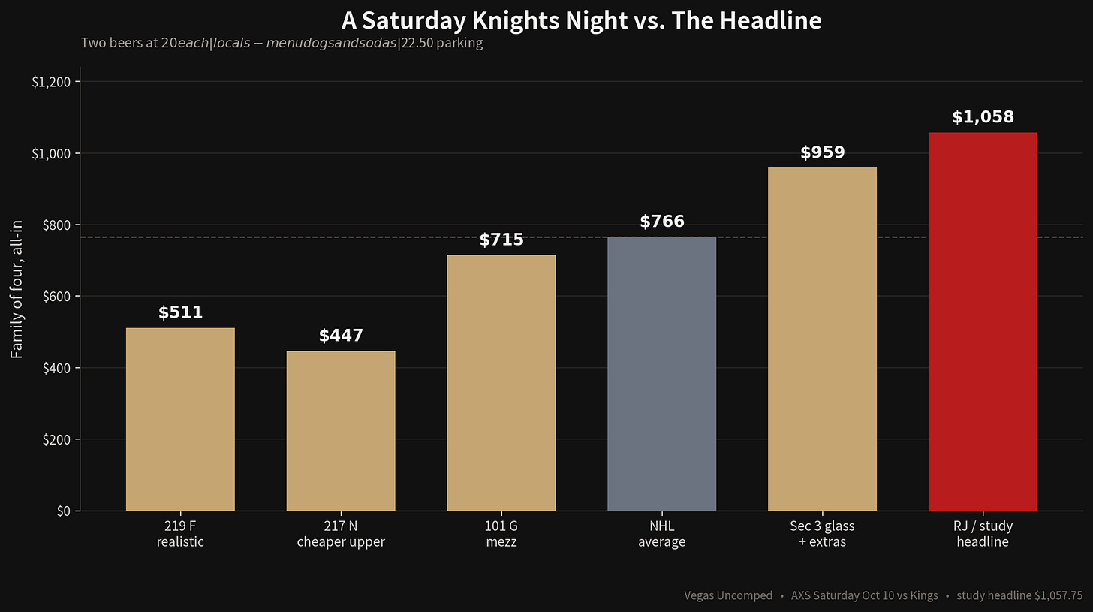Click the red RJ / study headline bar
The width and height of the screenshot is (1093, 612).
(x=983, y=321)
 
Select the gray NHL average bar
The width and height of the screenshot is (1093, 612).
(x=661, y=374)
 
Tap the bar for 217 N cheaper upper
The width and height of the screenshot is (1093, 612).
(x=341, y=431)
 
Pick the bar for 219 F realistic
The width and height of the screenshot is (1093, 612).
(x=180, y=419)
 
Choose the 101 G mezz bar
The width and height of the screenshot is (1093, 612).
(x=501, y=383)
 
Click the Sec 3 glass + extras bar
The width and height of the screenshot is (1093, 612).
(x=822, y=339)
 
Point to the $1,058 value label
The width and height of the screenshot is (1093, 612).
(x=983, y=117)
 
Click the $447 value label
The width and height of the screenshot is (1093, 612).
(x=341, y=335)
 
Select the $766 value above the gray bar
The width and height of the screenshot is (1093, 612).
(x=661, y=221)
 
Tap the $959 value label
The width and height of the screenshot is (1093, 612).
(x=822, y=152)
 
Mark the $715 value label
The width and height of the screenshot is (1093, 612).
(x=501, y=239)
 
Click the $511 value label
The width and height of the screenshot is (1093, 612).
(x=180, y=312)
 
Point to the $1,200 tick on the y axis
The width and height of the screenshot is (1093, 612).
(x=51, y=82)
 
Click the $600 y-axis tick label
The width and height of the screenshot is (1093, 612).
(x=56, y=297)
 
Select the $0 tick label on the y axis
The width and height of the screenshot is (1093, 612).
(x=64, y=511)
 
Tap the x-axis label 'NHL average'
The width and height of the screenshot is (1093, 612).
(x=661, y=534)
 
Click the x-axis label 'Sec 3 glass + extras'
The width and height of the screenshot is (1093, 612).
(x=822, y=534)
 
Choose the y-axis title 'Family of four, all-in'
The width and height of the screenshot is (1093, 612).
(x=17, y=289)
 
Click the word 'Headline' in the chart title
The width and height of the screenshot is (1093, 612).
(x=770, y=20)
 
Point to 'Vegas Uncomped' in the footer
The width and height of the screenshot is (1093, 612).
(x=728, y=596)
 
